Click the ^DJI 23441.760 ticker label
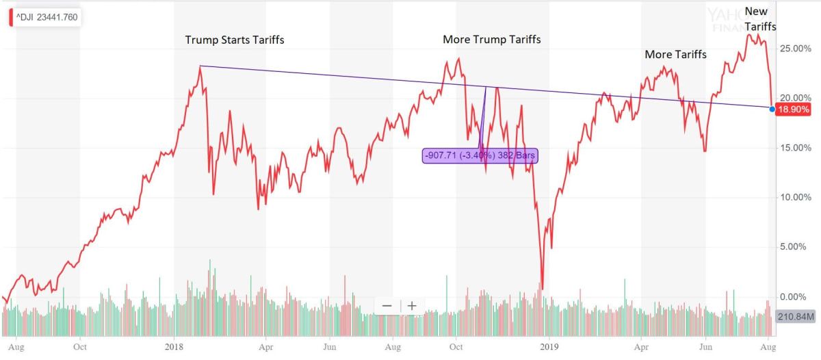pyautogui.click(x=47, y=18)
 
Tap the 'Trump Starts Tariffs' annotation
pyautogui.click(x=234, y=40)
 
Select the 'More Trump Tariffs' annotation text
pyautogui.click(x=491, y=39)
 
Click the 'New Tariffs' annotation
pyautogui.click(x=756, y=18)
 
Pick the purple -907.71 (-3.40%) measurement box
pyautogui.click(x=480, y=156)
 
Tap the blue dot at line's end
pyautogui.click(x=772, y=109)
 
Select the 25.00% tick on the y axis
pyautogui.click(x=796, y=49)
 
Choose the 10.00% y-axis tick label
pyautogui.click(x=796, y=198)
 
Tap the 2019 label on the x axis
pyautogui.click(x=548, y=347)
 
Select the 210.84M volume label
pyautogui.click(x=796, y=317)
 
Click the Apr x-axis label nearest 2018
pyautogui.click(x=267, y=347)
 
